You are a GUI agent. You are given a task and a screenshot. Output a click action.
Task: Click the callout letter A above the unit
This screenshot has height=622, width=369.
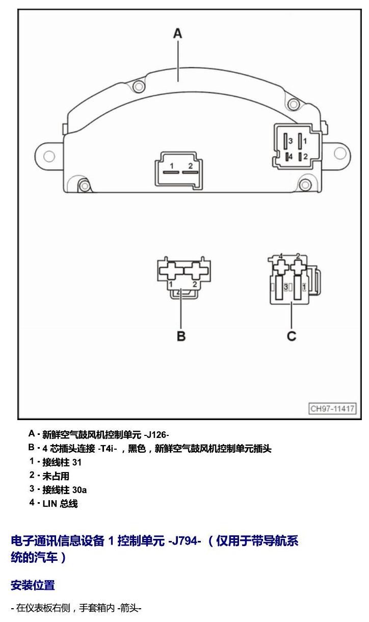point(178,34)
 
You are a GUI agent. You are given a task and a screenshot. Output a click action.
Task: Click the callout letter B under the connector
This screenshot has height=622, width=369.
point(181,336)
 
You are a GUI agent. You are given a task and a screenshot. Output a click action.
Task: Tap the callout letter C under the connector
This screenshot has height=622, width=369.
point(291,336)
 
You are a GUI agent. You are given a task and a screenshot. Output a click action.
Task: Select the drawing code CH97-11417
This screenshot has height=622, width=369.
point(332,408)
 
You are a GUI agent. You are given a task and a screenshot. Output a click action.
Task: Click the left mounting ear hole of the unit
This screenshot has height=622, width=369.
point(49,156)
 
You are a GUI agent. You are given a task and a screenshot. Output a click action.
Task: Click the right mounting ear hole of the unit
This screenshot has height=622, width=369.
point(340,153)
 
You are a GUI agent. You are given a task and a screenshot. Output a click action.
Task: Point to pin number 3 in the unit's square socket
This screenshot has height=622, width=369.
point(291,141)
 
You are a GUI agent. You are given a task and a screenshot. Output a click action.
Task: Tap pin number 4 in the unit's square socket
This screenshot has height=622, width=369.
point(291,157)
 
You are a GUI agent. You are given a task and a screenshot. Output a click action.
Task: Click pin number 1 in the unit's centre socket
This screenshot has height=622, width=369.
point(172,166)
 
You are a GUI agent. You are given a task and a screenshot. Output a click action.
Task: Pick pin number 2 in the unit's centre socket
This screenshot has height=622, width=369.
point(190,166)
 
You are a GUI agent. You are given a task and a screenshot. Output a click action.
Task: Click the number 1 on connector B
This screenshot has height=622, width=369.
point(171,284)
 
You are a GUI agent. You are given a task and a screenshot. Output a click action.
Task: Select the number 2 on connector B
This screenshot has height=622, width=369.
point(195,284)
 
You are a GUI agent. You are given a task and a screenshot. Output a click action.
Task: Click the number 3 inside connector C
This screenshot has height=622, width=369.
point(286,287)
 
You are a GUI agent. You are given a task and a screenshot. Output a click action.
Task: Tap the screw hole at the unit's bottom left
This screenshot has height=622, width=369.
point(84,186)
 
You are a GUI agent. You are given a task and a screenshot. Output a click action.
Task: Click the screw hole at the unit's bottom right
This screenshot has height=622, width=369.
point(305,185)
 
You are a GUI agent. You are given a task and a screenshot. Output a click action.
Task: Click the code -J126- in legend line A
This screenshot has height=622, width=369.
point(156,434)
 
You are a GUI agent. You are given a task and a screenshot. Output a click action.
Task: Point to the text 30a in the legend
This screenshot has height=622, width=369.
point(80,490)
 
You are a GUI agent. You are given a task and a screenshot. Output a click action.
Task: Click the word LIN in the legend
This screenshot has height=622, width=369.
point(50,504)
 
